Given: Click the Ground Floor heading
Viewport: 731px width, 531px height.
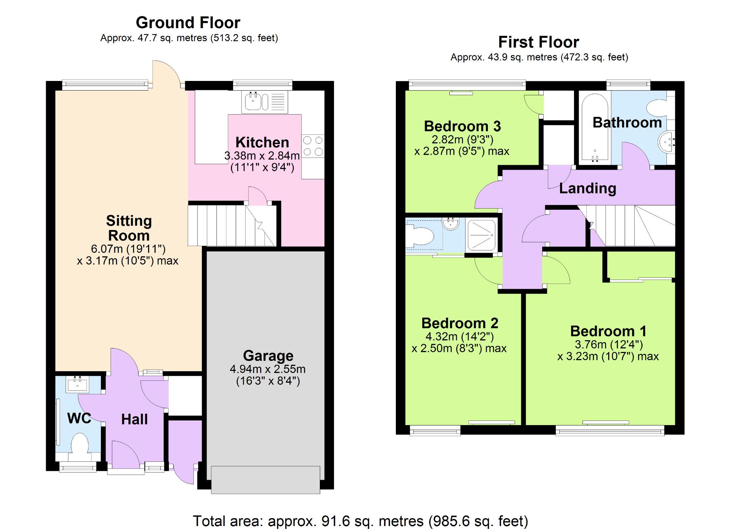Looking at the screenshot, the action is (188, 23).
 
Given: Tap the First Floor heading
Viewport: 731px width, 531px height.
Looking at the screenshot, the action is (539, 42).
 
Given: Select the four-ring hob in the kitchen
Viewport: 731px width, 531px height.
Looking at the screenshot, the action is (313, 146).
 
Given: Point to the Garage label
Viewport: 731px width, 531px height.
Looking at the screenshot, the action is (268, 356).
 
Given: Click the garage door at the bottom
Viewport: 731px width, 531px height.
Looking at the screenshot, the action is (266, 480).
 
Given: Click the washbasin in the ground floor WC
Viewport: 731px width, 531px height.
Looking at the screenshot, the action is (77, 384).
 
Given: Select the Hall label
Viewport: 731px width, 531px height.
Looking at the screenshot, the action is (134, 419).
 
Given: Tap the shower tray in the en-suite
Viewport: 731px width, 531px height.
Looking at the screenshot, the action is (481, 235).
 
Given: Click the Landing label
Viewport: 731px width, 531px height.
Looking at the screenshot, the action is (588, 188).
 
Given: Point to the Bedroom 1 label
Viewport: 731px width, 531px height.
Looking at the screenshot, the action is (608, 331).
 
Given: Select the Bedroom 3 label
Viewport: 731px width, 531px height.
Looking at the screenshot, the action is (462, 126).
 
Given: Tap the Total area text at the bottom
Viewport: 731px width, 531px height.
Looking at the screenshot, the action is (361, 521).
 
